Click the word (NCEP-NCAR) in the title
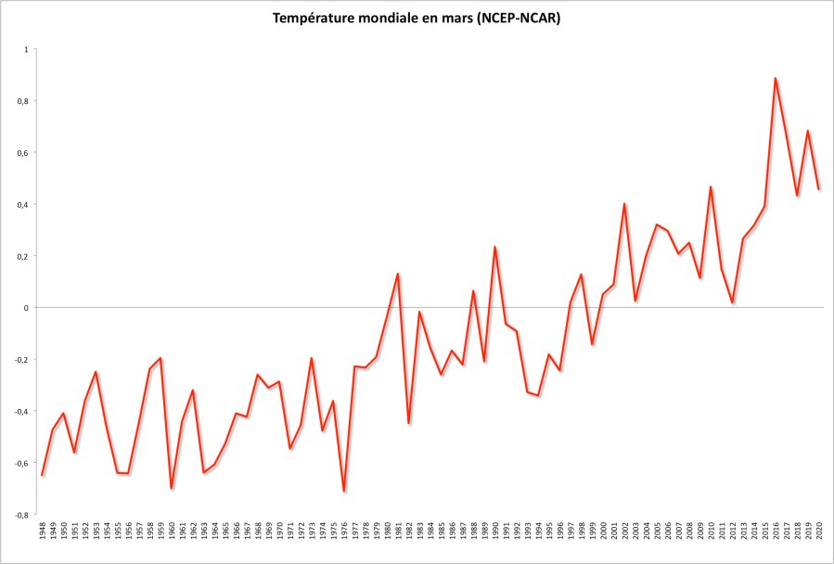click(515, 19)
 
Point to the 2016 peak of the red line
click(775, 78)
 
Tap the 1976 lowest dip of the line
click(344, 491)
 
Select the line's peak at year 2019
click(807, 131)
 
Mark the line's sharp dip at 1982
click(409, 423)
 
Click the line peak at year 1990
click(495, 247)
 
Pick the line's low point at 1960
click(172, 488)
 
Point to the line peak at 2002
click(624, 203)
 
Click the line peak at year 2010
click(711, 186)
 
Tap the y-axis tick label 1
click(25, 49)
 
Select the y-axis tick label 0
click(25, 308)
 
